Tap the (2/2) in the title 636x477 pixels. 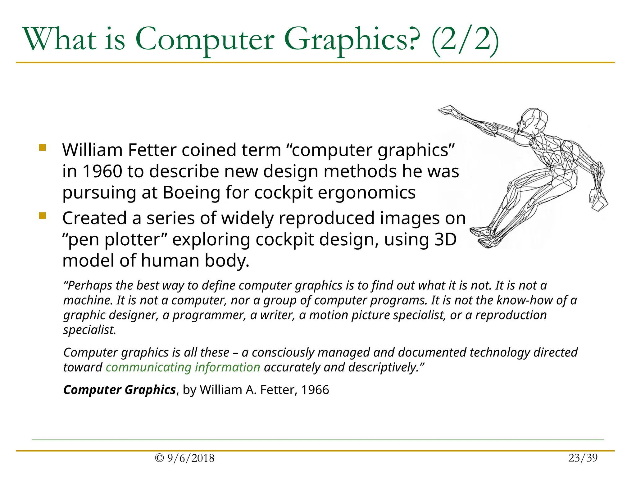click(x=465, y=40)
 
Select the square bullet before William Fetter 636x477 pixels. click(x=43, y=148)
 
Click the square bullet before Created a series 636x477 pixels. click(x=43, y=216)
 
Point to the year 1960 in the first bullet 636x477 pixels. click(x=102, y=171)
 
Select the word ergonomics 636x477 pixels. click(x=366, y=193)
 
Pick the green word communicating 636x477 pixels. click(x=148, y=367)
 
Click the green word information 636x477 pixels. click(x=227, y=367)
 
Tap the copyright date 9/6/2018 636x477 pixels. click(x=190, y=458)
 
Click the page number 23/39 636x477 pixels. click(x=583, y=458)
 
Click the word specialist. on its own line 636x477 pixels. click(x=89, y=330)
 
